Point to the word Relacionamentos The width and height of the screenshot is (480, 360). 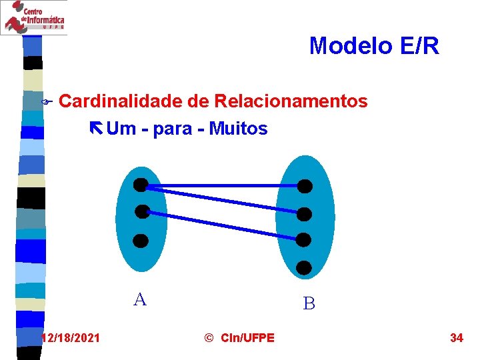[x=291, y=101]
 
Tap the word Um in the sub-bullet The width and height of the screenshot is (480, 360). [x=120, y=128]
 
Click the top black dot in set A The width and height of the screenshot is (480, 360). [x=141, y=185]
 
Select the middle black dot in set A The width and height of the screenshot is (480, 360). [x=142, y=212]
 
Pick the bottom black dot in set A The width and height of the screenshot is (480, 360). [x=141, y=241]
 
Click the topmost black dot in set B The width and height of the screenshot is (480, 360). [x=304, y=186]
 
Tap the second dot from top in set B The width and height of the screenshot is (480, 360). [x=304, y=214]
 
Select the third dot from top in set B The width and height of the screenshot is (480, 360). [x=304, y=239]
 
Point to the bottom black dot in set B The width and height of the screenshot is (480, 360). [x=304, y=268]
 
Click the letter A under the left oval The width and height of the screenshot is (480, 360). [x=140, y=299]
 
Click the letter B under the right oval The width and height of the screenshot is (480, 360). [x=309, y=304]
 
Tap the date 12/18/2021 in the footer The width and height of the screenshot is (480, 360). [x=71, y=338]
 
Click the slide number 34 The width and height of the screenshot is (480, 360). [x=457, y=338]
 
